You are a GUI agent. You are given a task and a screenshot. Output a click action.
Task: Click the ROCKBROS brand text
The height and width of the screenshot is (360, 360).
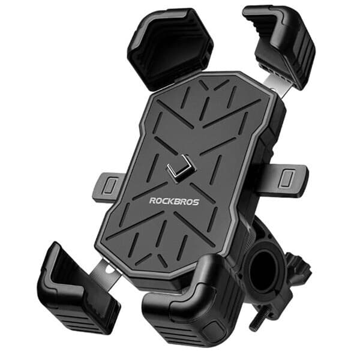tap(174, 202)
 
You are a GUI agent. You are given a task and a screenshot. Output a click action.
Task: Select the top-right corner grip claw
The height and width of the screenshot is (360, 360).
tap(282, 45)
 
